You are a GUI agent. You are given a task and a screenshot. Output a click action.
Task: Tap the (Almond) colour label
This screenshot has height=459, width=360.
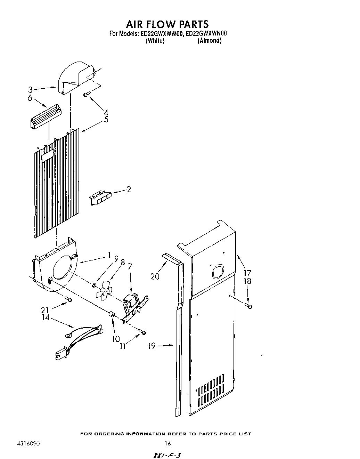tap(209, 41)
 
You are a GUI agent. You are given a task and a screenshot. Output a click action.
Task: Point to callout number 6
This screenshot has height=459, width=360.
tap(30, 98)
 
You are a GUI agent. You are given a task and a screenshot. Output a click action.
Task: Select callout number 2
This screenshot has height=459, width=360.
tap(129, 190)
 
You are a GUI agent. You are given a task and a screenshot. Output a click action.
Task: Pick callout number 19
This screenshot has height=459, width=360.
tap(151, 346)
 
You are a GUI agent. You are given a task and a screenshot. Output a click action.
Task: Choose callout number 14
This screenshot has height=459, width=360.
tap(46, 317)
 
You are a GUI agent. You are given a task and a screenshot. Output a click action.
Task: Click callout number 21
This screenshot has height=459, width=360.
tap(45, 310)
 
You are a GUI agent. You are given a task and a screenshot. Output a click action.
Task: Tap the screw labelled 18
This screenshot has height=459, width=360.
tap(248, 306)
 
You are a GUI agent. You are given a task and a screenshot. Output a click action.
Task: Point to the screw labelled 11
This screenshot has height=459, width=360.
tap(143, 333)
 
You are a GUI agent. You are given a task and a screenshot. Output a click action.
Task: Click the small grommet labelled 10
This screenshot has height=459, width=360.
tap(112, 315)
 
